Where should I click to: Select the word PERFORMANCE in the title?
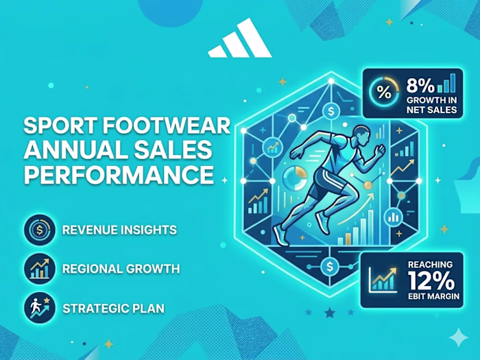click(119, 174)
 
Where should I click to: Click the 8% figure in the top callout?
click(420, 86)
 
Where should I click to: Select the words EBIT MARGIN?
click(433, 296)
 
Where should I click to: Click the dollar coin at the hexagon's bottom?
click(331, 267)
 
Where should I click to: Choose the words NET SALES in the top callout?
click(429, 109)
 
